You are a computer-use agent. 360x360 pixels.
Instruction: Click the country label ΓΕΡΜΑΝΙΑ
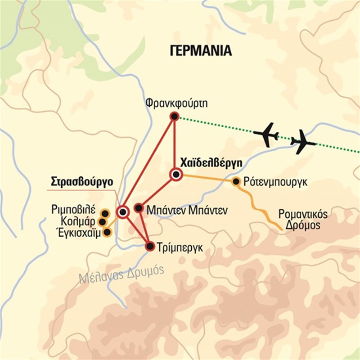pyautogui.click(x=201, y=50)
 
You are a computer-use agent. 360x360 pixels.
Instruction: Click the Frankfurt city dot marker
pyautogui.click(x=174, y=117)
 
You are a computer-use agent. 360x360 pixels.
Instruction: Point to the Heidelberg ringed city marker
pyautogui.click(x=175, y=175)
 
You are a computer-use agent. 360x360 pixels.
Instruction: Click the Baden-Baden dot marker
pyautogui.click(x=139, y=208)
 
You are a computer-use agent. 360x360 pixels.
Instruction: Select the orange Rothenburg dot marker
pyautogui.click(x=235, y=181)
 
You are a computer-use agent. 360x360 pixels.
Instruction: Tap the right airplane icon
pyautogui.click(x=302, y=143)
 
